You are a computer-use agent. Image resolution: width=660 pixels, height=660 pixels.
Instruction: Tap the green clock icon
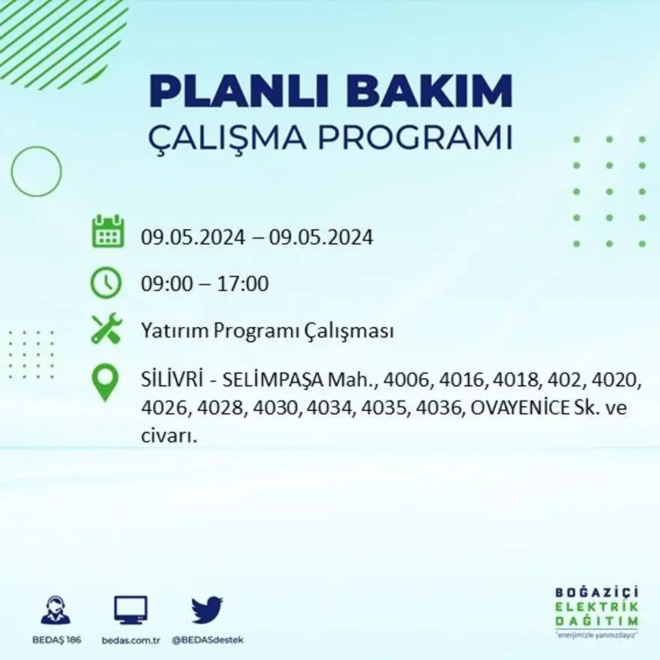pos(106,283)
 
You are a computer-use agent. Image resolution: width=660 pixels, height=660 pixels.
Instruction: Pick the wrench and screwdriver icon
pos(106,328)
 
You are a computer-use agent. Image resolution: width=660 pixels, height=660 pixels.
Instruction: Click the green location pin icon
pos(105,382)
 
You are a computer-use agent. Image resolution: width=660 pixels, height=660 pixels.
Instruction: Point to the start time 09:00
pos(164,284)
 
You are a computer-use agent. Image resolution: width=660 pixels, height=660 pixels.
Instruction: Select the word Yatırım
pos(174,331)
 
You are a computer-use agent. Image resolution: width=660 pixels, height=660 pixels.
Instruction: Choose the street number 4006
pos(406,381)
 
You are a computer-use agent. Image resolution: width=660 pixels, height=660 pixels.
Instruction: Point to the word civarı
pos(168,436)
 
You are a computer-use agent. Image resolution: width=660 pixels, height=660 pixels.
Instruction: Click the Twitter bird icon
pos(206,610)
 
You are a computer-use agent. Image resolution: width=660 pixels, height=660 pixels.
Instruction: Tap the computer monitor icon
pos(130,610)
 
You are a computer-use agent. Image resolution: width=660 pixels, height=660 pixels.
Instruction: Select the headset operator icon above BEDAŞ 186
pos(55,610)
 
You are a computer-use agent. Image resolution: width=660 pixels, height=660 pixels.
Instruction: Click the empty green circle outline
pos(36,172)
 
